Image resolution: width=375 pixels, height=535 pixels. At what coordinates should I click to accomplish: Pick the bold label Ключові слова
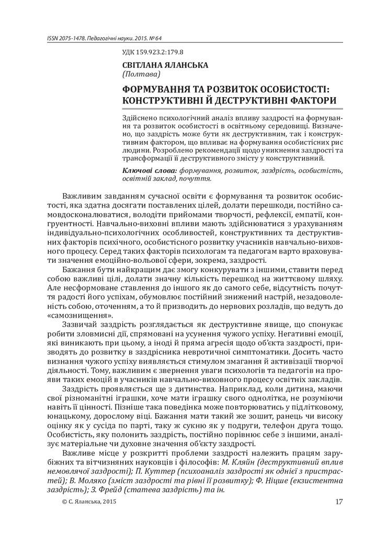(x=149, y=170)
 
